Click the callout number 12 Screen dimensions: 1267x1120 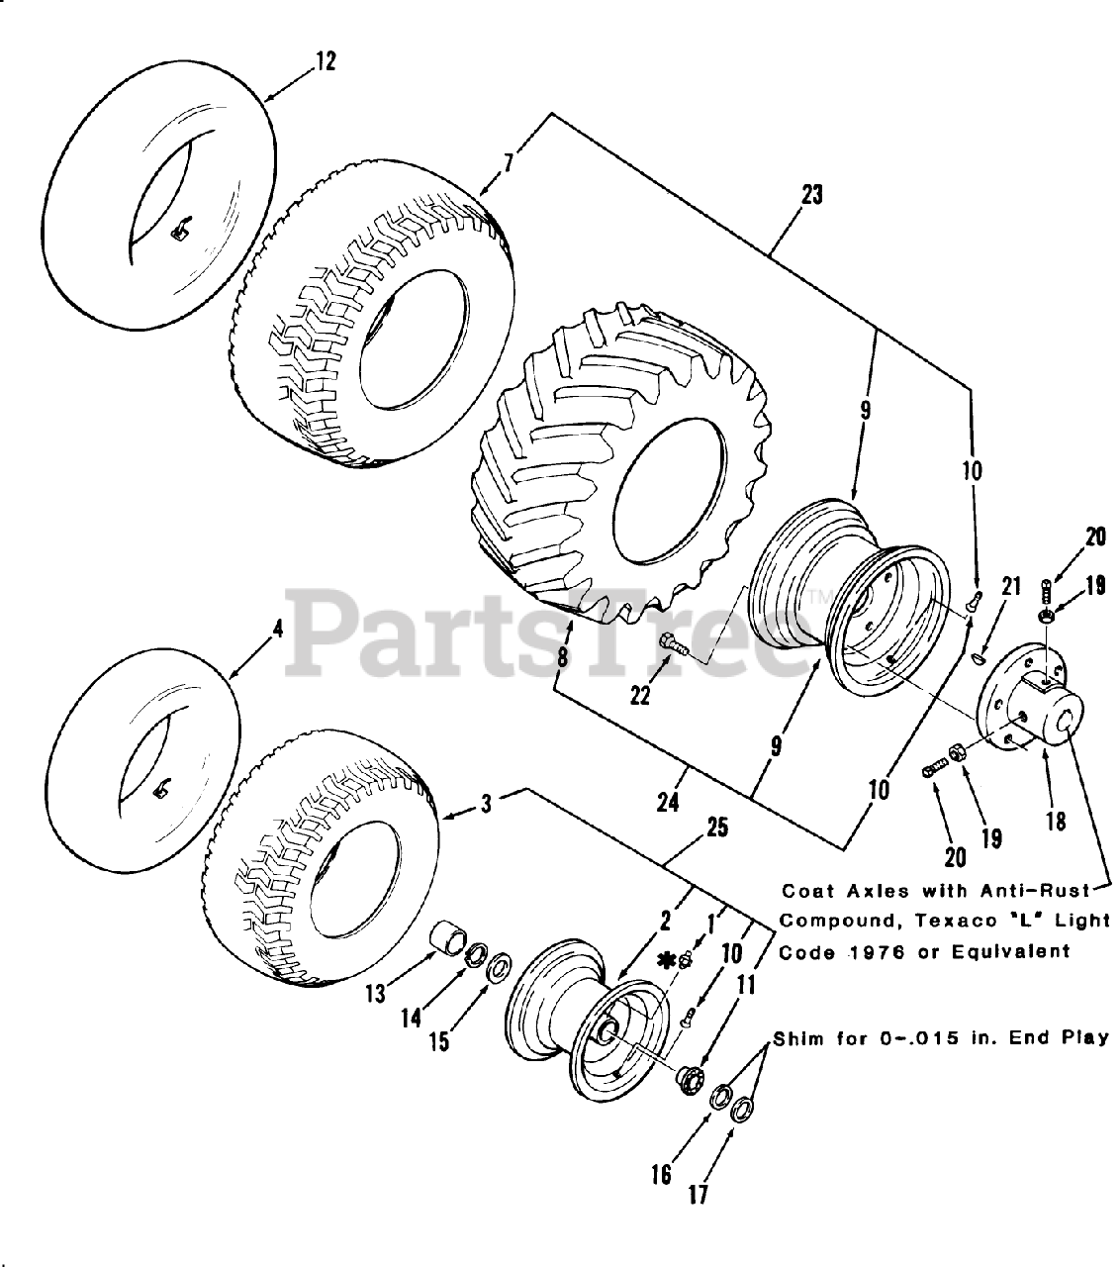pyautogui.click(x=326, y=61)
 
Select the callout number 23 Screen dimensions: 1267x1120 pyautogui.click(x=811, y=195)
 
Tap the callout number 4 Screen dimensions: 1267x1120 pyautogui.click(x=278, y=630)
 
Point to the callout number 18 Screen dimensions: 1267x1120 pyautogui.click(x=1056, y=821)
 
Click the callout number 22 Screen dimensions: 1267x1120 pyautogui.click(x=640, y=696)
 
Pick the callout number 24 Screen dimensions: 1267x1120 pyautogui.click(x=668, y=801)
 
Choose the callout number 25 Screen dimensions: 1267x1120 pyautogui.click(x=718, y=828)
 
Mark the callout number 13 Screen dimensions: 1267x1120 pyautogui.click(x=376, y=992)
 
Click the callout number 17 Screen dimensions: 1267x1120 pyautogui.click(x=699, y=1195)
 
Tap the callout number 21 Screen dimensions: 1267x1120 pyautogui.click(x=1010, y=586)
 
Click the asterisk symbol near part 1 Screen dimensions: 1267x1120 pyautogui.click(x=668, y=958)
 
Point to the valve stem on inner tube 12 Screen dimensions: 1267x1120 pyautogui.click(x=181, y=233)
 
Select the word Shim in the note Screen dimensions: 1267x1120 pyautogui.click(x=798, y=1038)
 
